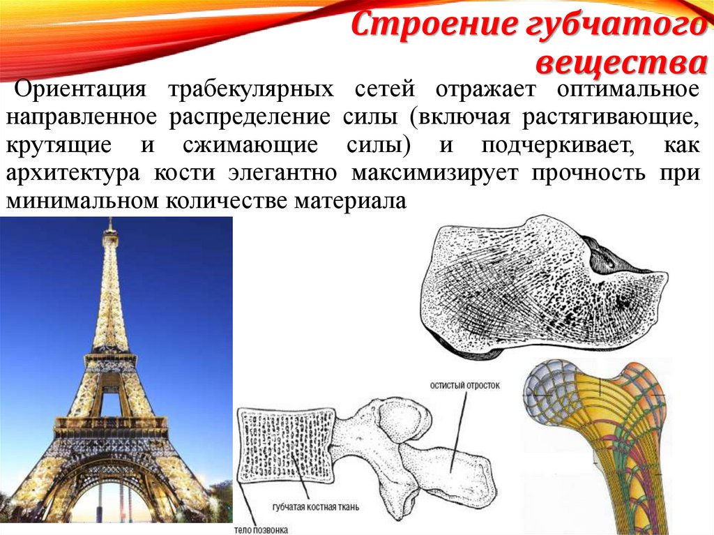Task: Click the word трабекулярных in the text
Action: point(248,90)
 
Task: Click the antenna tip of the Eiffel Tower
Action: point(110,222)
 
